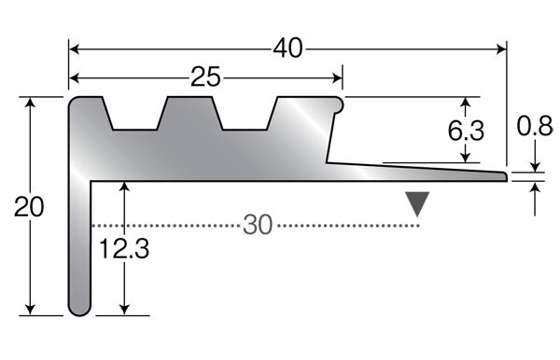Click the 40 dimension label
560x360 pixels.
pyautogui.click(x=287, y=48)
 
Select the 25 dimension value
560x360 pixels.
pyautogui.click(x=205, y=77)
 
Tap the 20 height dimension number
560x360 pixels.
pyautogui.click(x=29, y=207)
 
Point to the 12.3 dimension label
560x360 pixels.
pyautogui.click(x=124, y=249)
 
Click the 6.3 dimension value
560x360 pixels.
pyautogui.click(x=466, y=131)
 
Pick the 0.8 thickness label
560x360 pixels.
pyautogui.click(x=535, y=126)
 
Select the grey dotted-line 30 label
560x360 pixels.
pyautogui.click(x=258, y=225)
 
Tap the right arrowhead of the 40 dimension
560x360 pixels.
pyautogui.click(x=501, y=48)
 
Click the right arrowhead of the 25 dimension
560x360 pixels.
pyautogui.click(x=337, y=77)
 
